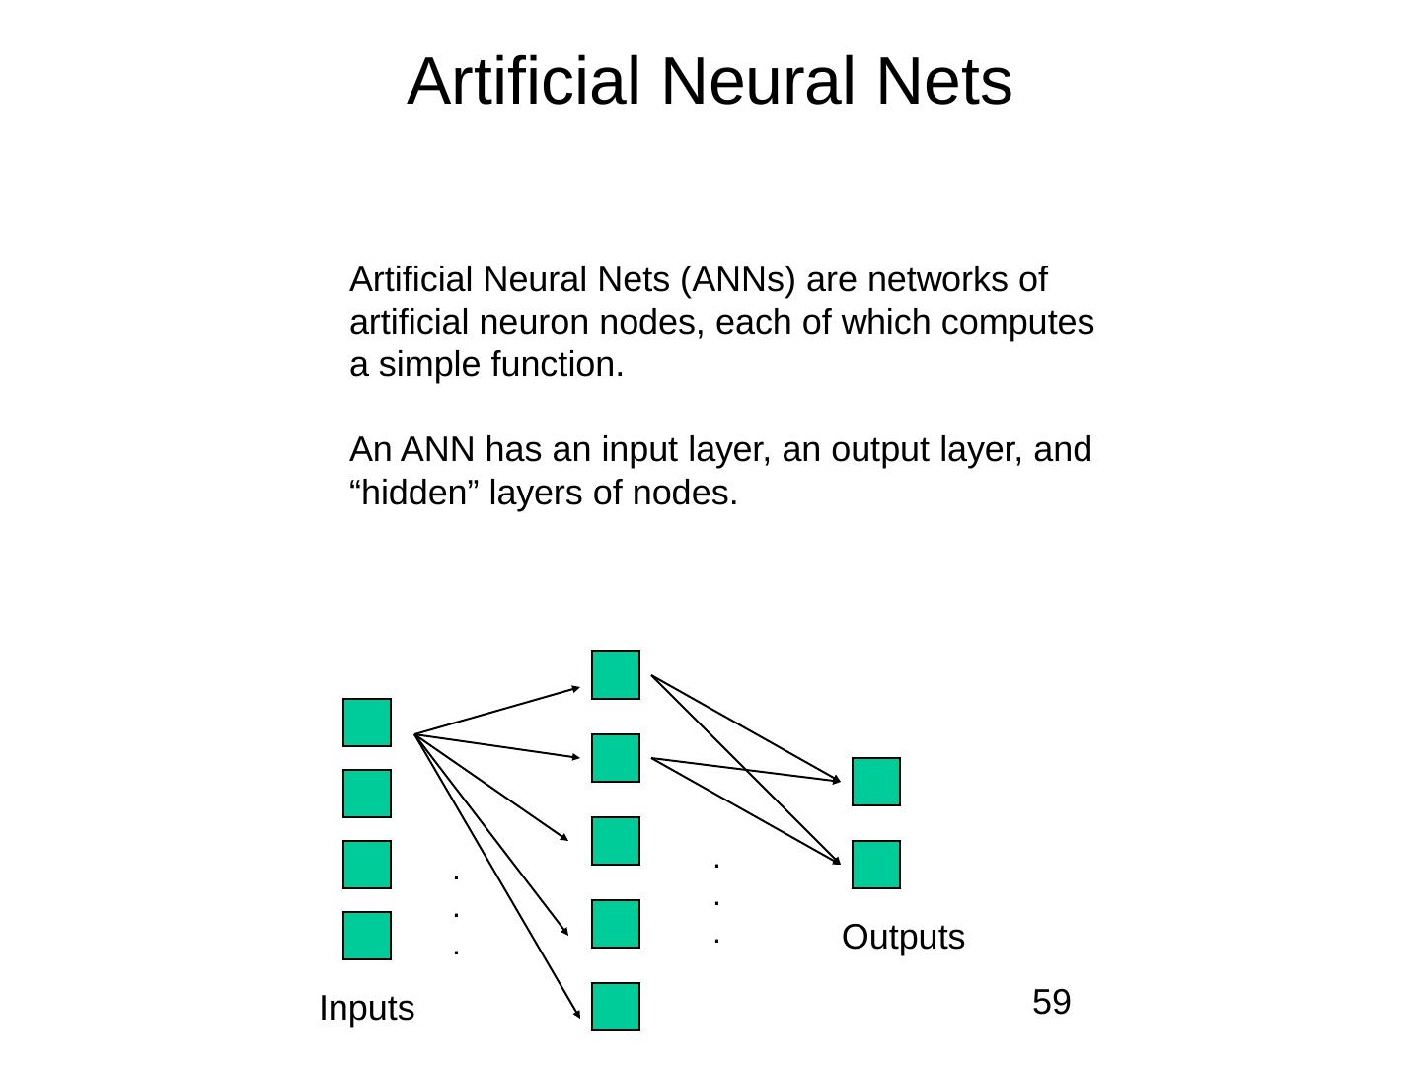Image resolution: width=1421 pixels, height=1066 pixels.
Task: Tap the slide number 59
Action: coord(1051,1003)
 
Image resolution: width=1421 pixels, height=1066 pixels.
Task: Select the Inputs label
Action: coord(367,1009)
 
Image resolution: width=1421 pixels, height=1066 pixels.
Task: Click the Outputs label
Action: coord(903,937)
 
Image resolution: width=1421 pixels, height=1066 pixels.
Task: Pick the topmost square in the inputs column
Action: coord(367,723)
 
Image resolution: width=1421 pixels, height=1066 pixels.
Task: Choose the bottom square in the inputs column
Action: coord(367,936)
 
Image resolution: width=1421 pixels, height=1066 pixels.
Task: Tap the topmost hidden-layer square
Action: coord(616,675)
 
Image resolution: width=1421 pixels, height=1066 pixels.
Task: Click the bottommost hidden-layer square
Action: coord(616,1007)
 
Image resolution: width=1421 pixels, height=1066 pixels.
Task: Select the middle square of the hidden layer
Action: coord(616,841)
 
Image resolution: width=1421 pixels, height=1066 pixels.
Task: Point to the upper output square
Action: coord(876,782)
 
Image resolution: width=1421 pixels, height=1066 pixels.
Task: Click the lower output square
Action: coord(876,865)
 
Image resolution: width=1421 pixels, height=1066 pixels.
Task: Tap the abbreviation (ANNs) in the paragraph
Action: coord(738,280)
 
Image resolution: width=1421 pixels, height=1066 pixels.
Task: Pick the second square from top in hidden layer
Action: coord(616,758)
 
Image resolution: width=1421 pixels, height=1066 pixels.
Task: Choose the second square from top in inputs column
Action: coord(367,794)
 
